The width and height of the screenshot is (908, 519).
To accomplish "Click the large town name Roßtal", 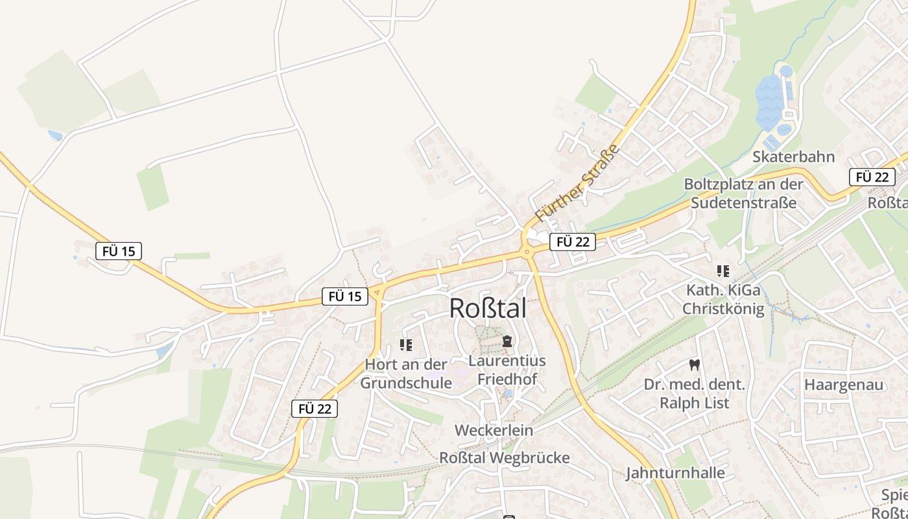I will (488, 309).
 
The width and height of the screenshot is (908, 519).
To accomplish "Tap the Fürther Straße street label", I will (577, 183).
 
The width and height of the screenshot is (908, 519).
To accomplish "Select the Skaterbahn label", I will (793, 157).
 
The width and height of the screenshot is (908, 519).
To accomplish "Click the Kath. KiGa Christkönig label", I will (723, 299).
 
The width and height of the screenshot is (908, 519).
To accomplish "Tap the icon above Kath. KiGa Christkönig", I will (723, 271).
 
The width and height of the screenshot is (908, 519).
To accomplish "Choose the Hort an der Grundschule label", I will (406, 374).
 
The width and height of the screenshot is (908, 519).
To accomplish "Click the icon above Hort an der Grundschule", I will (406, 345).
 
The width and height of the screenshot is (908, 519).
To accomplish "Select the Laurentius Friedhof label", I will (507, 370).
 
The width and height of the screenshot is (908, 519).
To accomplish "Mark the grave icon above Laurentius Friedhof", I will (507, 341).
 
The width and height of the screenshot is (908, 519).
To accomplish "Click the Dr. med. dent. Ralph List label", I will (695, 394).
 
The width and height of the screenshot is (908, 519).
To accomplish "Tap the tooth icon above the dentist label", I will (695, 365).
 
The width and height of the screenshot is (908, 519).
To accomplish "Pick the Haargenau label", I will (844, 385).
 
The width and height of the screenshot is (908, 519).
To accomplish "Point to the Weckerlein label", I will (494, 430).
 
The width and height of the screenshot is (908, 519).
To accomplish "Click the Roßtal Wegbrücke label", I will (505, 457).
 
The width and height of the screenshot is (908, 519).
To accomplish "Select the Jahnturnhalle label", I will (675, 473).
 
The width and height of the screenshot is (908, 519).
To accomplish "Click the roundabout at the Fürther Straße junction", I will (527, 252).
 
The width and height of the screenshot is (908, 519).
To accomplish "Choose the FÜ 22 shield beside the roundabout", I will (573, 242).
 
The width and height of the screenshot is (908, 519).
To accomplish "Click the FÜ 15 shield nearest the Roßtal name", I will (345, 296).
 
